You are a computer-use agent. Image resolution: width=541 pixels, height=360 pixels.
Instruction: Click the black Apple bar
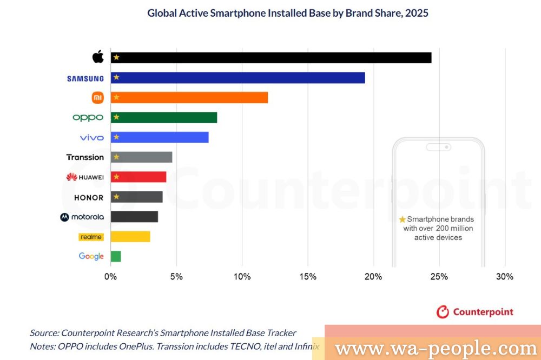click(x=270, y=58)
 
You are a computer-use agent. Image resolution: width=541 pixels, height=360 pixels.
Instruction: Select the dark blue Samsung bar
click(x=238, y=78)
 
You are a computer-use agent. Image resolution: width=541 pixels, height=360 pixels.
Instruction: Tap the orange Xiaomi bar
click(x=189, y=98)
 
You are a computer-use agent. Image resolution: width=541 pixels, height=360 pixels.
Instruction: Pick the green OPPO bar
click(x=164, y=117)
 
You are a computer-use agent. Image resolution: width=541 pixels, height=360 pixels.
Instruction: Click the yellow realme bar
click(x=130, y=237)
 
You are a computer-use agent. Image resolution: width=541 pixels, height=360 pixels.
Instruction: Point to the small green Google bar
click(x=116, y=256)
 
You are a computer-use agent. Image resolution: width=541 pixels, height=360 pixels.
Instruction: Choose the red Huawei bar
click(x=138, y=177)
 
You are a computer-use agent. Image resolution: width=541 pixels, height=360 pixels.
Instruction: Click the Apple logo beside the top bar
click(x=98, y=57)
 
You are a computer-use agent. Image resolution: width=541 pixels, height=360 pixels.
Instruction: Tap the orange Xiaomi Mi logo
click(x=98, y=98)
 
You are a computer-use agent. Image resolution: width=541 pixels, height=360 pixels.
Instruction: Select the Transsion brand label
click(x=85, y=157)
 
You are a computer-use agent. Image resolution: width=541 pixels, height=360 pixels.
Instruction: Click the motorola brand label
click(x=82, y=217)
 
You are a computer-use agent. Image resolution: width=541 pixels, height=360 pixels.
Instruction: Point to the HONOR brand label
click(x=89, y=197)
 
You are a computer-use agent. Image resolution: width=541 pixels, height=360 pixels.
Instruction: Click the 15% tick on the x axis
click(x=308, y=277)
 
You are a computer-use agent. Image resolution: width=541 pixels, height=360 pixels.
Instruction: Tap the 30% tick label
click(x=505, y=277)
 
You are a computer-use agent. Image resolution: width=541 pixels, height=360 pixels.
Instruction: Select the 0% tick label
click(x=110, y=277)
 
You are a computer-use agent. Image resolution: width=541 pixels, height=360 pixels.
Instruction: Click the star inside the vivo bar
click(x=116, y=137)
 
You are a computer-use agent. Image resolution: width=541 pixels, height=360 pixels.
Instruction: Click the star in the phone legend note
click(x=402, y=219)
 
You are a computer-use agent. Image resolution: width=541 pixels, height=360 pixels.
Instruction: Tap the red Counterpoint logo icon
click(x=443, y=312)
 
